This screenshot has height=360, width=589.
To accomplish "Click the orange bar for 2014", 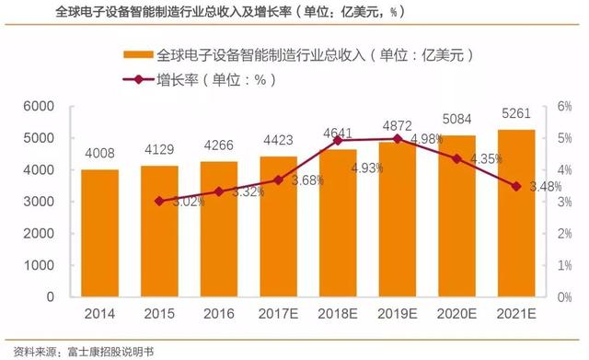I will [99, 234].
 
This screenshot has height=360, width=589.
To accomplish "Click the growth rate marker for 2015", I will [159, 201].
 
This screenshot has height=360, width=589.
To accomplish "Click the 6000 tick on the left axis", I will [41, 107].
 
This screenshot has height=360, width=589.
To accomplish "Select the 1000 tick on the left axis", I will [41, 266].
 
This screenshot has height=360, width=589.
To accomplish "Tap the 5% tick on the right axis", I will [563, 138].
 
